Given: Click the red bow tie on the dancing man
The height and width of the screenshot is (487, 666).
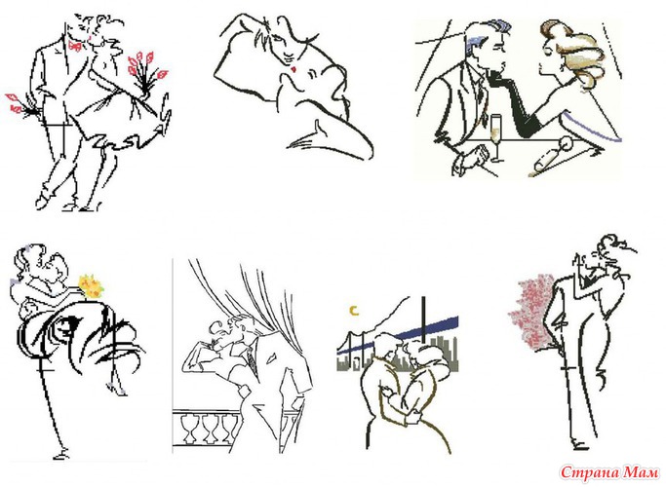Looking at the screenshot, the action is tap(75, 46).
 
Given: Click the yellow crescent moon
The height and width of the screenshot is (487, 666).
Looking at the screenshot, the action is tap(354, 311).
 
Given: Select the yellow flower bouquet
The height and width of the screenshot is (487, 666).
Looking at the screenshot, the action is tap(91, 286).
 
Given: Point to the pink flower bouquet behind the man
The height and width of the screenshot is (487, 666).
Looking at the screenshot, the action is tap(532, 313).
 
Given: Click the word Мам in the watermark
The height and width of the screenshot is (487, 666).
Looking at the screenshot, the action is tap(641, 472).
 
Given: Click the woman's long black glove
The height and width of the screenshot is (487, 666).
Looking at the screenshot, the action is tap(514, 102).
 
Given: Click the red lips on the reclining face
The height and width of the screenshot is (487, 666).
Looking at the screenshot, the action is tap(294, 69).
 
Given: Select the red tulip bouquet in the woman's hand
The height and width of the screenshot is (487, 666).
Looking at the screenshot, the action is tap(145, 73).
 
